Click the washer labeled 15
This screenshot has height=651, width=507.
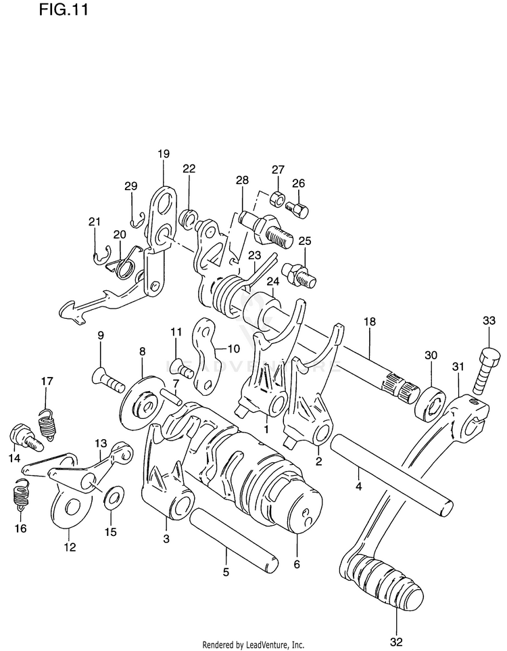coord(112,500)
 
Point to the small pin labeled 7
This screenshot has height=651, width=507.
coord(171,397)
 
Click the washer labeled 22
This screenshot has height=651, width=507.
coord(189,218)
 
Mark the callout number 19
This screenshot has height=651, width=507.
coord(164,154)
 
